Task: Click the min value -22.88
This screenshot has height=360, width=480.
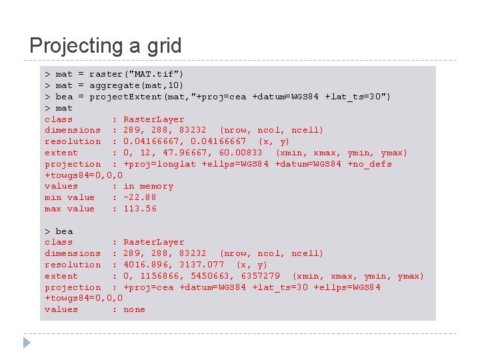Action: coord(139,197)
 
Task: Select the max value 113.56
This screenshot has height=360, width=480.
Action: coord(140,209)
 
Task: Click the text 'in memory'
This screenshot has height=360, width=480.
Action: coord(148,186)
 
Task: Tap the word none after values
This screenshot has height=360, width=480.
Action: coord(134,309)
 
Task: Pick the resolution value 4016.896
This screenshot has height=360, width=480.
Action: coord(148,265)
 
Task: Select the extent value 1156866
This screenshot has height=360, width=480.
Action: coord(159,276)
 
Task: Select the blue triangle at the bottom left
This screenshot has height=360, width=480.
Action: coord(27,343)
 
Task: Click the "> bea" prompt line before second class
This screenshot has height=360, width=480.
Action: coord(59,231)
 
